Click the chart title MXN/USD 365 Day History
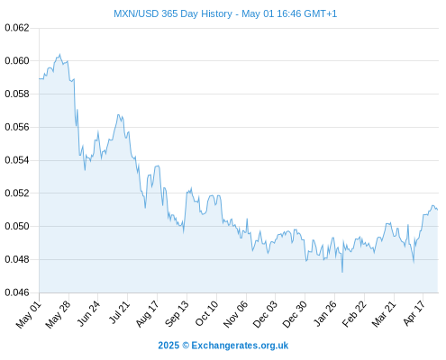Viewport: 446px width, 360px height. tap(173, 13)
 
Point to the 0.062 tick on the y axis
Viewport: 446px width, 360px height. tap(17, 28)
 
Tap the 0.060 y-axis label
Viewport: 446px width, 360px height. tap(17, 61)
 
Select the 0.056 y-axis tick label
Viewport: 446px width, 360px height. tap(17, 127)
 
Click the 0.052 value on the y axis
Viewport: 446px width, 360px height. tap(17, 193)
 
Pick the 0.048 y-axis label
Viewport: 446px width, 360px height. tap(17, 259)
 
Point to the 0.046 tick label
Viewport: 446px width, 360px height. tap(17, 292)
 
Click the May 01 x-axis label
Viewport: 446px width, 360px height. tap(29, 314)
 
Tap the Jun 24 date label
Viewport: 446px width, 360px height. tap(88, 313)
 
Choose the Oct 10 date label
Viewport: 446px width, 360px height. tap(206, 313)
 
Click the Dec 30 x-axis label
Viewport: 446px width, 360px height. tap(295, 314)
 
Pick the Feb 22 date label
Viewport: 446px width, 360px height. tap(354, 314)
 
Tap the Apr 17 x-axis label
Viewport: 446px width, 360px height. tap(414, 313)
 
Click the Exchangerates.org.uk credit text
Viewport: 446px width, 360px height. tap(240, 346)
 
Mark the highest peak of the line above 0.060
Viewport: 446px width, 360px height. tap(59, 54)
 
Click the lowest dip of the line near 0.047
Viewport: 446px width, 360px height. tap(342, 272)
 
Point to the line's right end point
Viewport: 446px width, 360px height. tap(438, 210)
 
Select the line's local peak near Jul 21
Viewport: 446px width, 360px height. tap(118, 114)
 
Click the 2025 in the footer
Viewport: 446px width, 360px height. tap(168, 346)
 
